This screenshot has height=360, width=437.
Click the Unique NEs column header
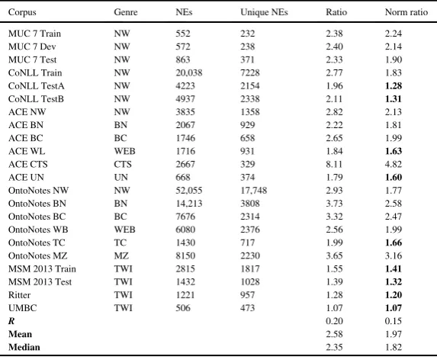(x=264, y=12)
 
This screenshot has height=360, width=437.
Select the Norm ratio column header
(x=406, y=12)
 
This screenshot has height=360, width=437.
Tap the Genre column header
(x=126, y=12)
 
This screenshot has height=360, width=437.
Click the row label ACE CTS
(x=28, y=164)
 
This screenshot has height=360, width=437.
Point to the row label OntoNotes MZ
(x=37, y=256)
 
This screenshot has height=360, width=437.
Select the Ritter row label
(x=19, y=295)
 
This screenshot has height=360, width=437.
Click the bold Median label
(x=24, y=347)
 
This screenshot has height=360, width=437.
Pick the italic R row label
(x=11, y=321)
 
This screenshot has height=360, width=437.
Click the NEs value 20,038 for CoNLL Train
(x=189, y=72)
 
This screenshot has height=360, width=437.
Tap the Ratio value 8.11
(x=334, y=164)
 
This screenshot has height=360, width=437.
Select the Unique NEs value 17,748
(x=254, y=191)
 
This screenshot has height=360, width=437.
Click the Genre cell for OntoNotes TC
(x=120, y=243)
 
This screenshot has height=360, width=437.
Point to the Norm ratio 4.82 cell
(x=394, y=164)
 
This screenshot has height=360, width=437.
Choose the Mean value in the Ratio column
(x=334, y=334)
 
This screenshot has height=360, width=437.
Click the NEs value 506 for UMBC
(x=183, y=308)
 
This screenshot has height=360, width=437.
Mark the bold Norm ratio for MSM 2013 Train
(x=394, y=268)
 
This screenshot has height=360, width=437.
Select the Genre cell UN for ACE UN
(x=120, y=177)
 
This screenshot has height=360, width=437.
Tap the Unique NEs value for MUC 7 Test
(x=248, y=59)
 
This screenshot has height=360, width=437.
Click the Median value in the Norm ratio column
(x=394, y=347)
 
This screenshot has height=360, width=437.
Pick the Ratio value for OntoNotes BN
(x=334, y=204)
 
